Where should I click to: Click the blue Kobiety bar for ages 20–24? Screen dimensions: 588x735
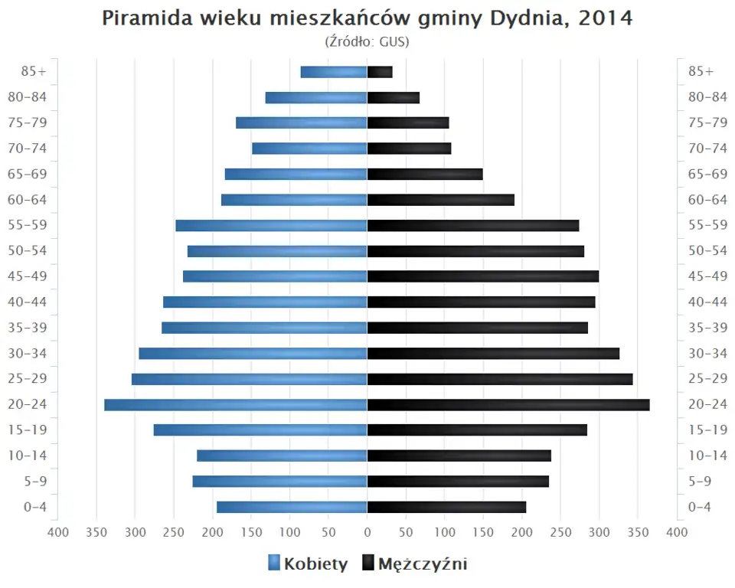(236, 405)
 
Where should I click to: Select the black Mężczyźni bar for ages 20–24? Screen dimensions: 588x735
(508, 405)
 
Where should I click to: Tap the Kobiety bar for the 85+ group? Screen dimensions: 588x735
(334, 72)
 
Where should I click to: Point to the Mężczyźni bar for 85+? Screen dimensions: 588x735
(380, 72)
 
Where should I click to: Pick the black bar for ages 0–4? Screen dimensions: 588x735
(446, 507)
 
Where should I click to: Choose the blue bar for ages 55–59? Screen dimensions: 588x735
(271, 226)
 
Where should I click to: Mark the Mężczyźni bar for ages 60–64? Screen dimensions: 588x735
(440, 200)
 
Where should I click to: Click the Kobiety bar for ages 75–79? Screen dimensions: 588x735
(302, 123)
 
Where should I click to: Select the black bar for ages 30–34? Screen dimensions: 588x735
(493, 354)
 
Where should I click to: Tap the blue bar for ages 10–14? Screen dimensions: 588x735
(282, 456)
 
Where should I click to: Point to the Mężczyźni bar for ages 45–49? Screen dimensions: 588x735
(483, 276)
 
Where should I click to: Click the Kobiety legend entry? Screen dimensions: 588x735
(308, 564)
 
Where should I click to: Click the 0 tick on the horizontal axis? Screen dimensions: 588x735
(367, 533)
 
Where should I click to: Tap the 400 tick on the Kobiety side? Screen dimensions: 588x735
(58, 533)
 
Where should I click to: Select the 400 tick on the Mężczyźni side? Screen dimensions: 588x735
(676, 533)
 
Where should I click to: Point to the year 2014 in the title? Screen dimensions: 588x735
(606, 18)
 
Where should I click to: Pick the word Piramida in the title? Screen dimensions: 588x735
(143, 18)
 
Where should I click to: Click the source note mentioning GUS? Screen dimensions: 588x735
(367, 41)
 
